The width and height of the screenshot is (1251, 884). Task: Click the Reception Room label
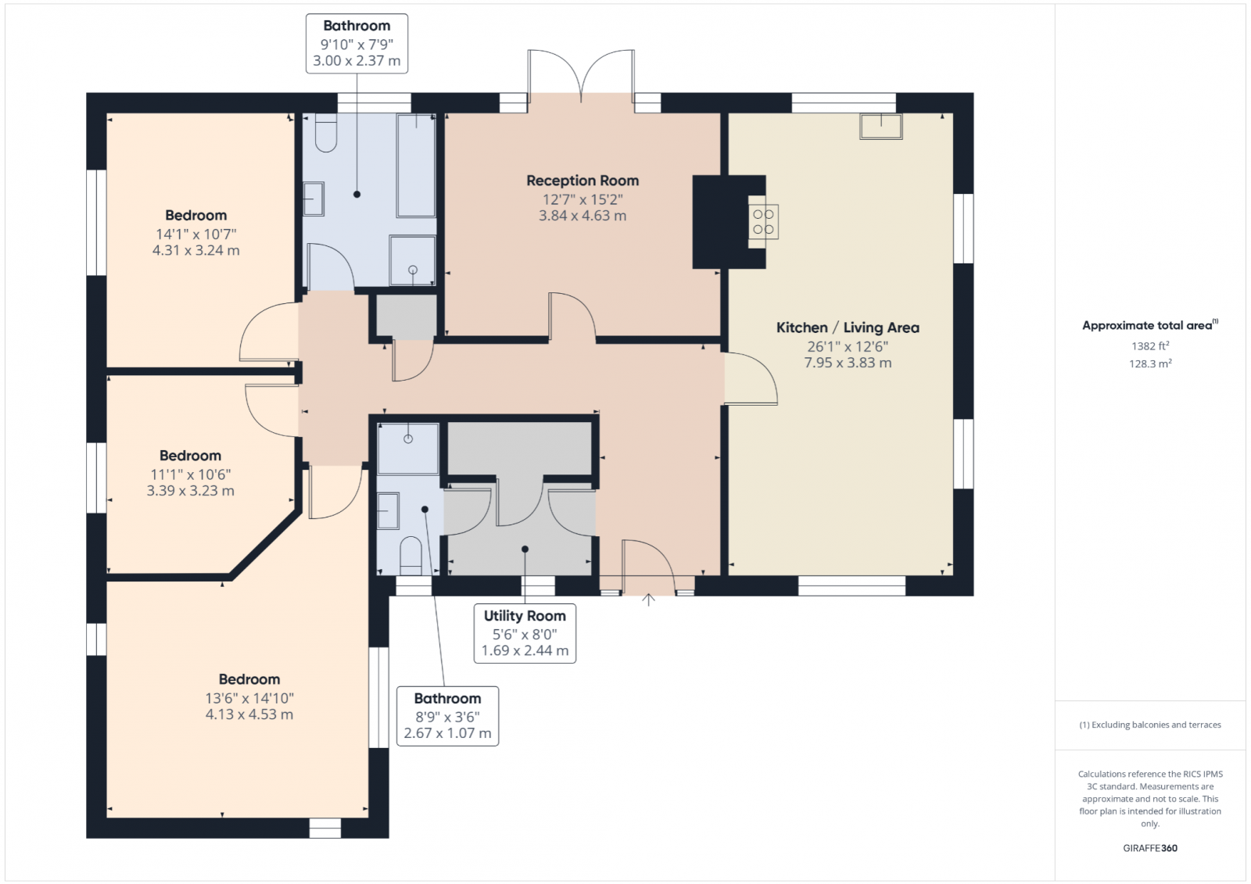[582, 181]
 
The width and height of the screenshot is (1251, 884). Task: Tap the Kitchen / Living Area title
[848, 327]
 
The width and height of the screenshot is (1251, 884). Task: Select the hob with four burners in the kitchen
[764, 221]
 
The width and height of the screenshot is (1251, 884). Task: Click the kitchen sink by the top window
[881, 127]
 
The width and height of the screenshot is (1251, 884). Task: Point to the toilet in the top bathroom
[326, 133]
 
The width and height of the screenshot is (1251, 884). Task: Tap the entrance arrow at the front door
[648, 599]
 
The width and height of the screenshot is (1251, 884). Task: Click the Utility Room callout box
[525, 633]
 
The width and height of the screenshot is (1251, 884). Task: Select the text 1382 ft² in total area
[1149, 345]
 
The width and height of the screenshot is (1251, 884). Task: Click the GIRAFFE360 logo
[1150, 848]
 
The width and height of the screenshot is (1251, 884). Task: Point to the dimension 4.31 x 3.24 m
[195, 251]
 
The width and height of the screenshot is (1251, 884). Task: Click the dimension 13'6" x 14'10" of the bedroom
[249, 698]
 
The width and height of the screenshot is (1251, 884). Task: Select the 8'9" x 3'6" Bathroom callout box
[447, 716]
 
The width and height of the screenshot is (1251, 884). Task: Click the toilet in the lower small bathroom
[410, 554]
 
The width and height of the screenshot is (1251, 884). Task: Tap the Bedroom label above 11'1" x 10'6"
[190, 456]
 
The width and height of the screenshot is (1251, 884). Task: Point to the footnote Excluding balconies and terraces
[1150, 725]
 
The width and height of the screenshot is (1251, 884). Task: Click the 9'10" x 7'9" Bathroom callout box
[357, 43]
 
